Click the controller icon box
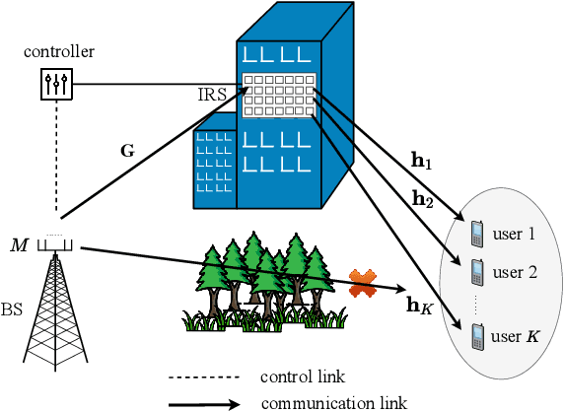[57, 85]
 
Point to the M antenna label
[18, 243]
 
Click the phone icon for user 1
[476, 234]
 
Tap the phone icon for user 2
[476, 270]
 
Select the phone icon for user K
[476, 336]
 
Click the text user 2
[514, 271]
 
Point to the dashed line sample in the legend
[204, 378]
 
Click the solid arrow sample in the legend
[204, 402]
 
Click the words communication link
[333, 402]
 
